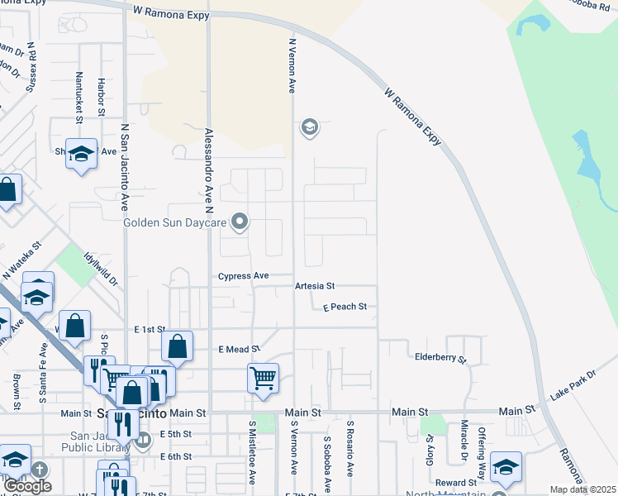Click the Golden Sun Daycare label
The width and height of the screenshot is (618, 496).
175,222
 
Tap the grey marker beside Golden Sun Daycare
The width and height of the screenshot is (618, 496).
240,221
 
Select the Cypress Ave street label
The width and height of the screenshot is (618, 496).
244,276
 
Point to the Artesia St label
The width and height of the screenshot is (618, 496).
314,286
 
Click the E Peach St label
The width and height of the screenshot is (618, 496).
344,307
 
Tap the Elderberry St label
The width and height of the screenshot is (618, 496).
440,360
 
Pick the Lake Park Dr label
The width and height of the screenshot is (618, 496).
573,386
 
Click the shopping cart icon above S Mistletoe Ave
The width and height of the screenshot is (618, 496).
263,379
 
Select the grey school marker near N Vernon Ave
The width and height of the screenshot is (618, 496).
309,127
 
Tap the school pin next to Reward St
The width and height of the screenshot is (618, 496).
506,467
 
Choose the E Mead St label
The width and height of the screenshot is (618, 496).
239,350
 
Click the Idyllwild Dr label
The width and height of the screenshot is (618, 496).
101,269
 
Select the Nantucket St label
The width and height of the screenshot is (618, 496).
79,98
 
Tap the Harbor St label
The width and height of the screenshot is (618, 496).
101,98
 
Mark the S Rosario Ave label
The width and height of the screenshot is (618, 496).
350,458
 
